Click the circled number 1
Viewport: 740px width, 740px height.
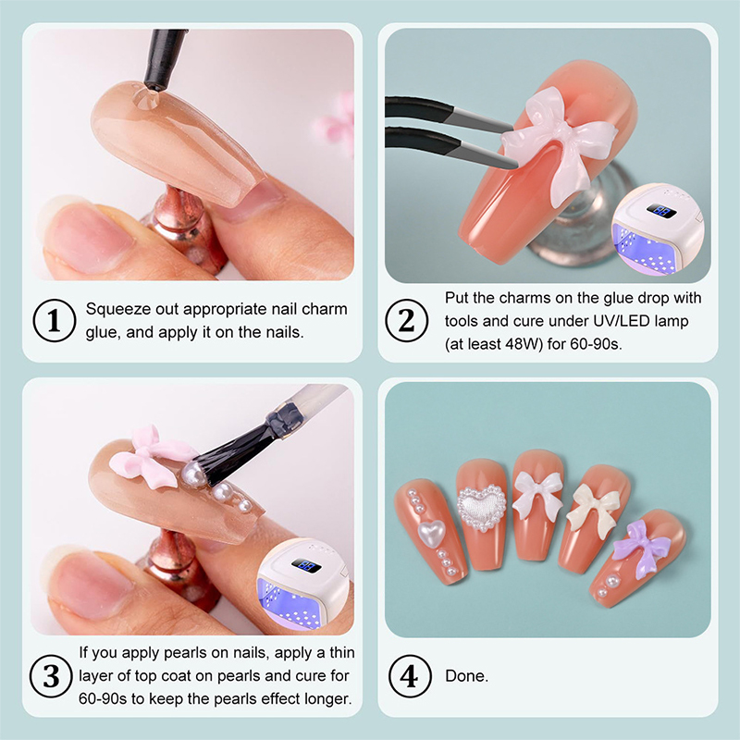click(x=55, y=320)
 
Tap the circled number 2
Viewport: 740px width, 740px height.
click(x=406, y=320)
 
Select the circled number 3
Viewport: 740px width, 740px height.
click(x=51, y=676)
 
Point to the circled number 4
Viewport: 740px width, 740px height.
click(x=410, y=676)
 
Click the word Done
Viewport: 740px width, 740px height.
click(x=466, y=676)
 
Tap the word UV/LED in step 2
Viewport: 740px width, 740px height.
click(x=615, y=321)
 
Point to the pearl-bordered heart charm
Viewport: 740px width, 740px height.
click(x=481, y=507)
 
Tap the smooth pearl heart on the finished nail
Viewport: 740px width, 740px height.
click(x=431, y=532)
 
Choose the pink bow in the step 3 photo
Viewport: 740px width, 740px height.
click(x=151, y=456)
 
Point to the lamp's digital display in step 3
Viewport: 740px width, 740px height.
click(x=307, y=565)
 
